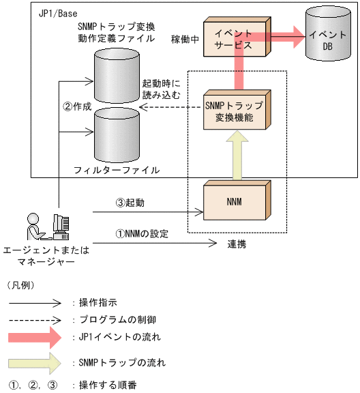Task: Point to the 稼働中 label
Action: coord(185,40)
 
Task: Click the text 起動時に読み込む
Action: coord(161,88)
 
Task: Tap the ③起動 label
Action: coord(130,203)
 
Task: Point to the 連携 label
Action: coord(237,244)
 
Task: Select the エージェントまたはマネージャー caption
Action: coord(46,256)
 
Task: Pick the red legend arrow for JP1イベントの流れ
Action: coord(35,336)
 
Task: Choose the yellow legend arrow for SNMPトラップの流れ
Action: coord(35,362)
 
